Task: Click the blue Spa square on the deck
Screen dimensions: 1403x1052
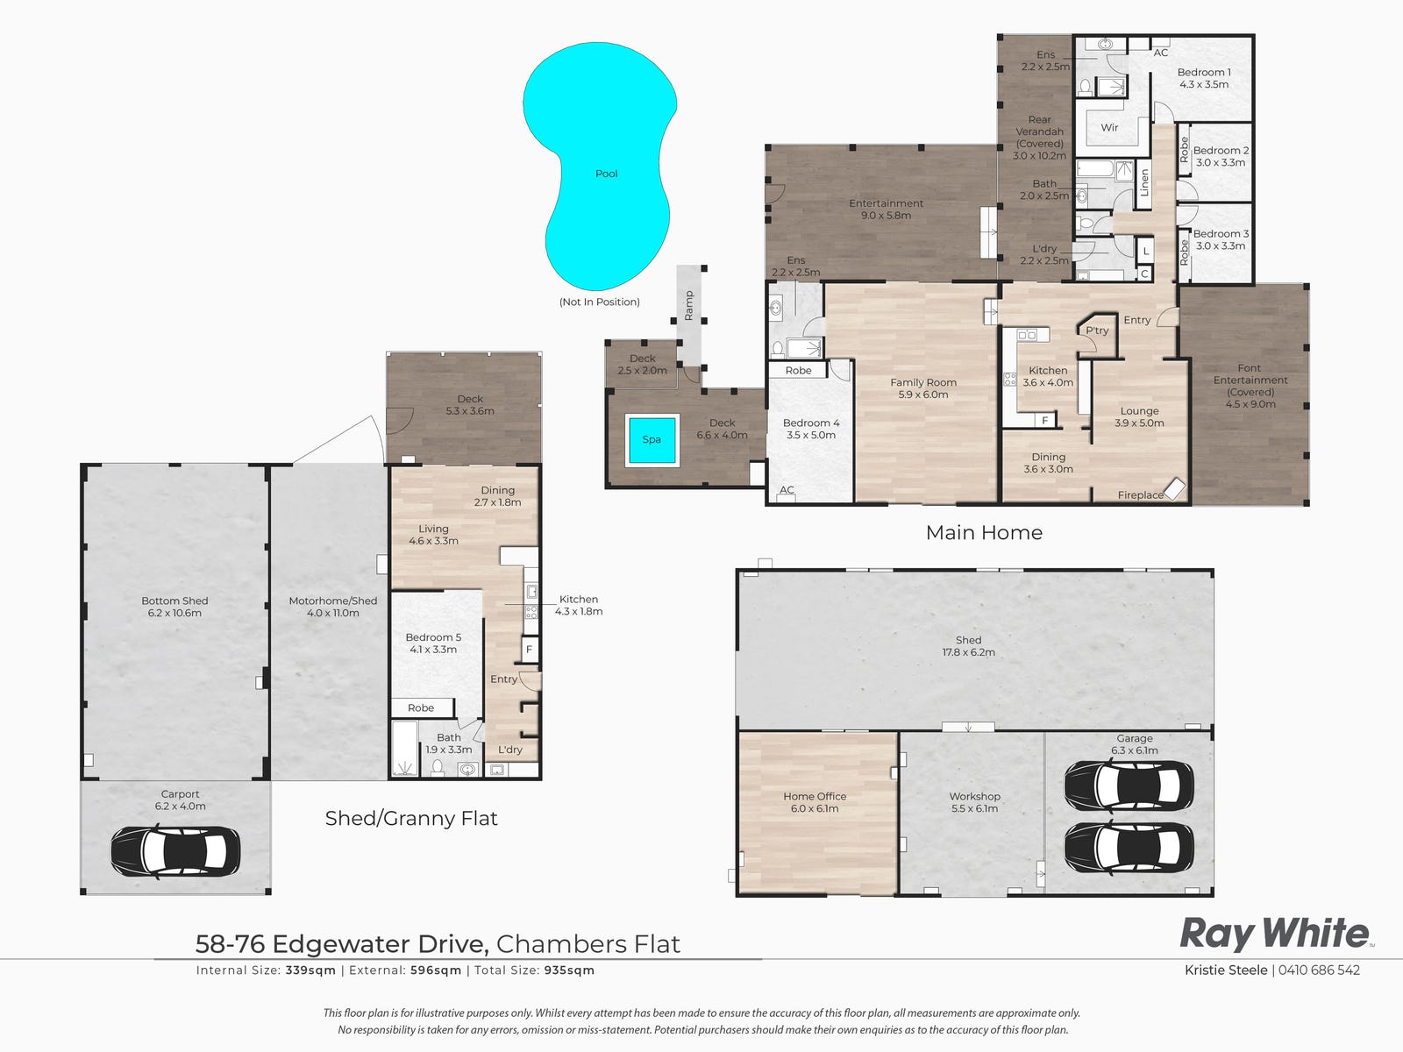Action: click(652, 439)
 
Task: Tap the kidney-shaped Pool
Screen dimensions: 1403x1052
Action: click(600, 165)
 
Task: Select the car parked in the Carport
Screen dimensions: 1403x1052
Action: click(175, 851)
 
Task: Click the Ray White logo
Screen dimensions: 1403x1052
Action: click(1276, 934)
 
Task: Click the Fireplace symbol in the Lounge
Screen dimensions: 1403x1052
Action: click(1175, 488)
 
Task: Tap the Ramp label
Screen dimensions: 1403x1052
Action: click(689, 305)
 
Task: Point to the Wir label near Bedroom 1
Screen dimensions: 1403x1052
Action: click(1109, 128)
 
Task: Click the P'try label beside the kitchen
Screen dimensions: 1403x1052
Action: click(1098, 331)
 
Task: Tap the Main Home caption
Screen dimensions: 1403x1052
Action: click(985, 533)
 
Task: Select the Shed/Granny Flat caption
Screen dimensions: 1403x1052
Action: click(411, 818)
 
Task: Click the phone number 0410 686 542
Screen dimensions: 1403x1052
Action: click(1320, 970)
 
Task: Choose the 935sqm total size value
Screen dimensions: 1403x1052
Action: click(569, 970)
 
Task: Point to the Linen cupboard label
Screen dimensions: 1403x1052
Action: click(1145, 182)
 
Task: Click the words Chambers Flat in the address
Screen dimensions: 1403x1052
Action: click(588, 944)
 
